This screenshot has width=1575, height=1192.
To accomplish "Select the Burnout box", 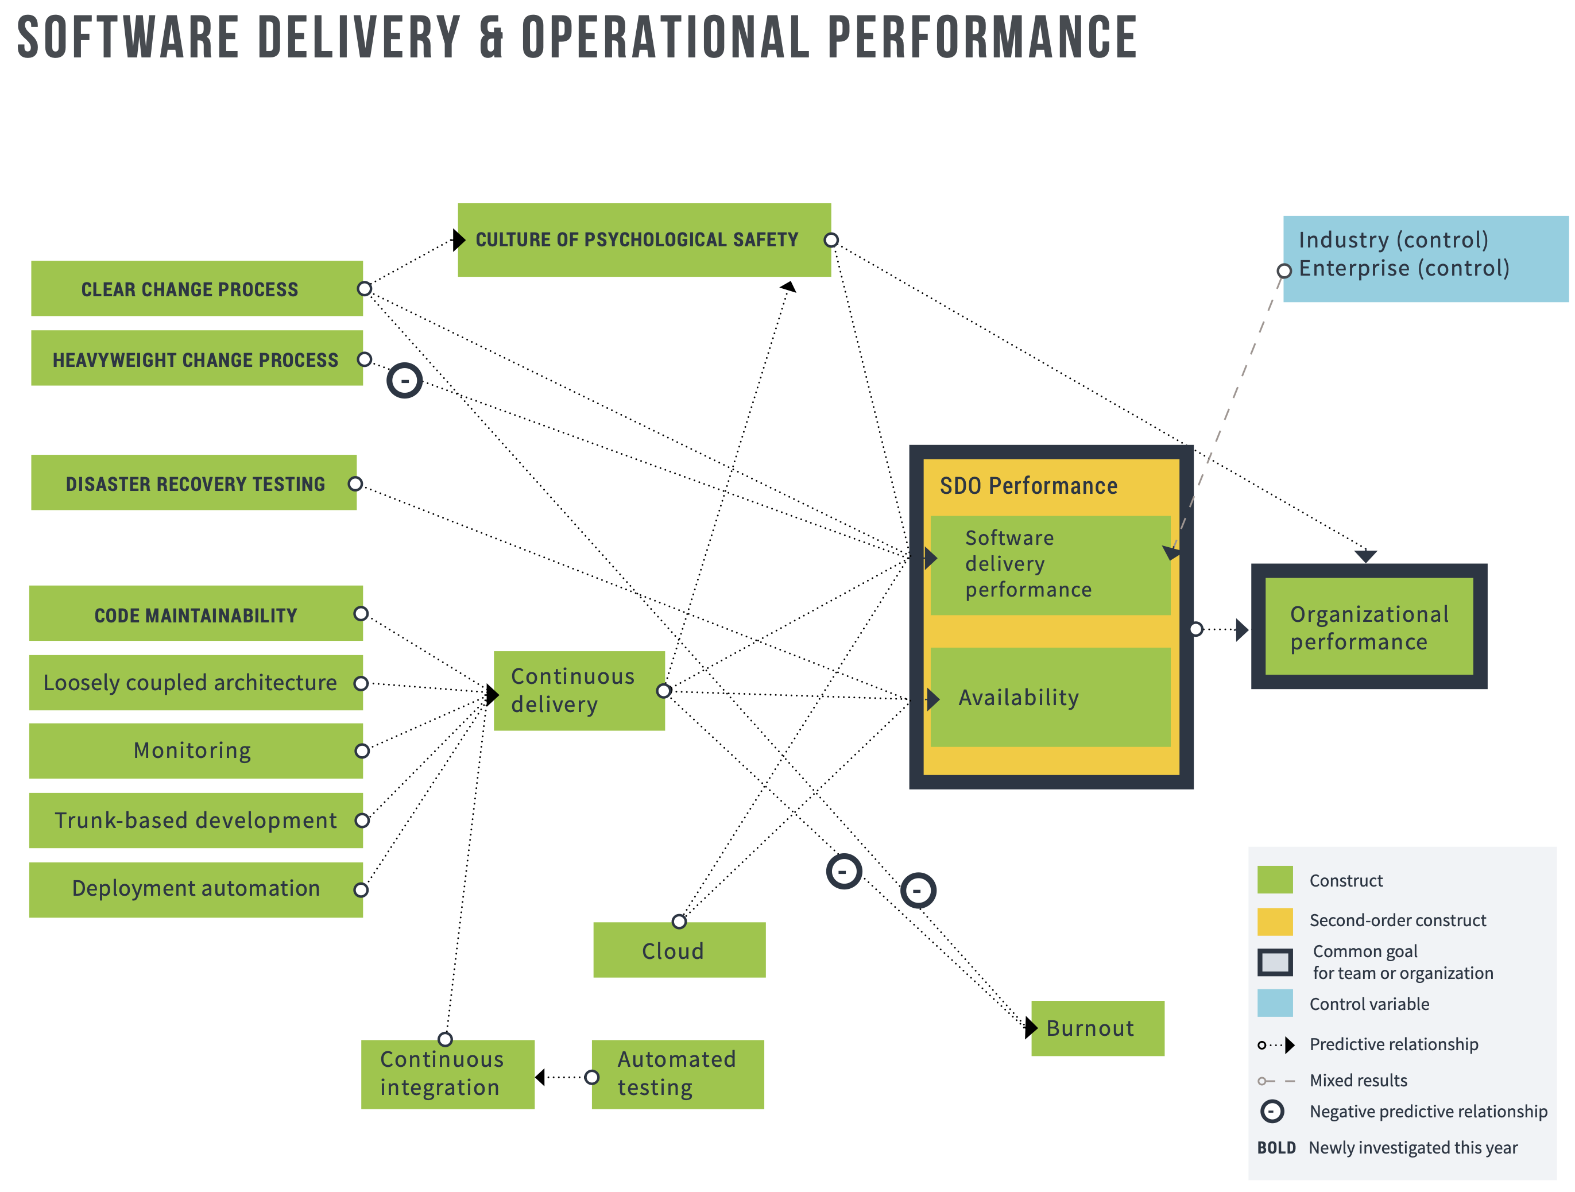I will click(x=1097, y=1028).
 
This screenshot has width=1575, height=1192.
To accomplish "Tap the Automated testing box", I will click(x=677, y=1074).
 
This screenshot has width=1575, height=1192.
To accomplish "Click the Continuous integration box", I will click(x=447, y=1074).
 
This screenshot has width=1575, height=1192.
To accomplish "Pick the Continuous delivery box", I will click(x=579, y=690).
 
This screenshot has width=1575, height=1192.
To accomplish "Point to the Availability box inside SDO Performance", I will click(x=1050, y=697).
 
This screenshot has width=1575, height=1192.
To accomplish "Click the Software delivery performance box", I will click(x=1050, y=564).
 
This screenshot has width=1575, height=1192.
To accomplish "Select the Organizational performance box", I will click(x=1368, y=626).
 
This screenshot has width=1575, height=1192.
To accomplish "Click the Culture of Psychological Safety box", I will click(x=644, y=240).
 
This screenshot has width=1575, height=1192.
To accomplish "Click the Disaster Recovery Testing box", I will click(x=194, y=483).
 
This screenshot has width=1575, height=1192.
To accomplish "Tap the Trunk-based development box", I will click(x=195, y=821).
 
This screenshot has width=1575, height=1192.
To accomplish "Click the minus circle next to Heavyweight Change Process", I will click(x=404, y=380).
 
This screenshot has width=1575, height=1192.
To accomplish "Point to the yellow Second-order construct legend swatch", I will click(x=1275, y=921).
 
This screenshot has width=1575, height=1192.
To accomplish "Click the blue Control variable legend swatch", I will click(x=1275, y=1003).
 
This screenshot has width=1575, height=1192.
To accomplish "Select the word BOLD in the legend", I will click(x=1276, y=1148).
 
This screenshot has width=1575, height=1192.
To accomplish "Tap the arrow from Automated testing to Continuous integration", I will click(x=563, y=1077).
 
